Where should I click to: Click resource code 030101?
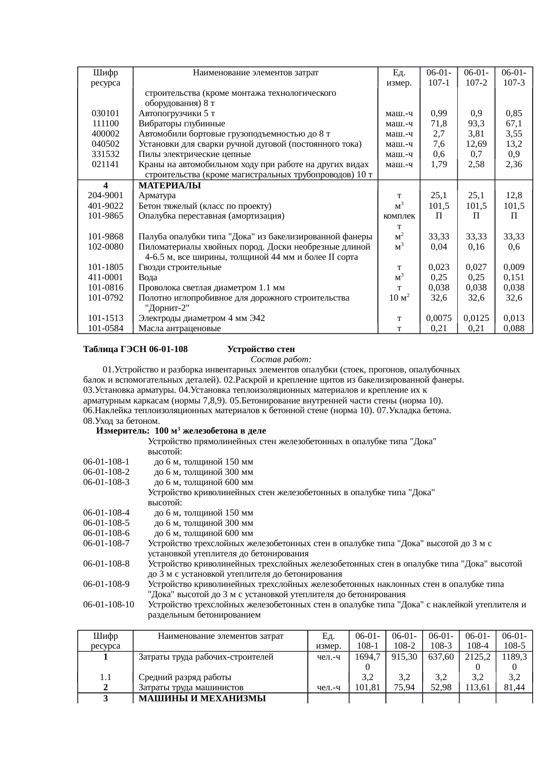pyautogui.click(x=105, y=113)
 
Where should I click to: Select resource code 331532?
pyautogui.click(x=105, y=154)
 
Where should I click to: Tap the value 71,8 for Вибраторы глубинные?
pyautogui.click(x=439, y=123)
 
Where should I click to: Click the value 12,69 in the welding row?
pyautogui.click(x=476, y=144)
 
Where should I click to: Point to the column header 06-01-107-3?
pyautogui.click(x=514, y=77)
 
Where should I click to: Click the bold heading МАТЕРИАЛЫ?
pyautogui.click(x=170, y=185)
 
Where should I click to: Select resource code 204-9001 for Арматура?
pyautogui.click(x=105, y=195)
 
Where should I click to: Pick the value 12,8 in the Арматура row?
pyautogui.click(x=514, y=195)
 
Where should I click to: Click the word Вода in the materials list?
pyautogui.click(x=148, y=278)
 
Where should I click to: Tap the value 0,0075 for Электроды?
pyautogui.click(x=439, y=318)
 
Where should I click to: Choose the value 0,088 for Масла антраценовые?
pyautogui.click(x=514, y=328)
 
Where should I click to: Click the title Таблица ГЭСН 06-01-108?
pyautogui.click(x=135, y=349)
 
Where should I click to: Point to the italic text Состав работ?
pyautogui.click(x=281, y=359)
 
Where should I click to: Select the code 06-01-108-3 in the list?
pyautogui.click(x=106, y=482)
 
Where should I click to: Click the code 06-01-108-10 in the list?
pyautogui.click(x=108, y=605)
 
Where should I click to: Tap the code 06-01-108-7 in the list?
pyautogui.click(x=106, y=543)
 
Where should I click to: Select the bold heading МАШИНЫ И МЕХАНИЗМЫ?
pyautogui.click(x=202, y=699)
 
